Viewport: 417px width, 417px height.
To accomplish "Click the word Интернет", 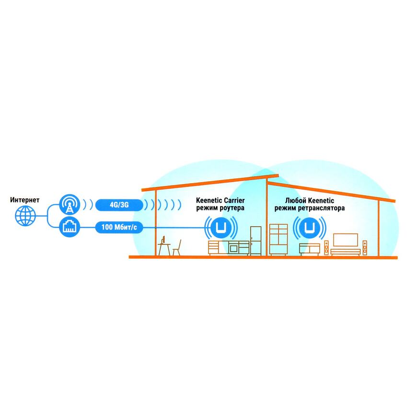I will (24, 199).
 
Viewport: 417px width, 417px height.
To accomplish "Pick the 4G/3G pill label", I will (119, 205).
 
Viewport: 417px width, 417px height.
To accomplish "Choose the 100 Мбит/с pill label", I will (119, 227).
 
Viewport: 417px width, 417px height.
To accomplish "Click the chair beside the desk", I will (177, 247).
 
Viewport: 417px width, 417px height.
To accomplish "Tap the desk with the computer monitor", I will (163, 245).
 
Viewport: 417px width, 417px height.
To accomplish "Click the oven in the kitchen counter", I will (234, 248).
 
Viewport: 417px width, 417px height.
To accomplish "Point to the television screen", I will (345, 240).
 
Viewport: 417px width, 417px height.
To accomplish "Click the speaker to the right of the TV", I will (365, 247).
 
